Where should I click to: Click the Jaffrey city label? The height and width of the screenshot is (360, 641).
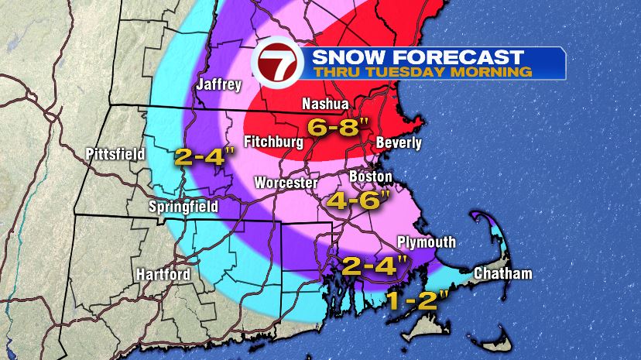219,84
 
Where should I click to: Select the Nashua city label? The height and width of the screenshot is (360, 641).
324,103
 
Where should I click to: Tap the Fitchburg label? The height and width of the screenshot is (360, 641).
272,142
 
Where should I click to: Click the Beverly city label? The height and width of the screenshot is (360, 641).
398,143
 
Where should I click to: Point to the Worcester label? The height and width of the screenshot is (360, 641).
286,183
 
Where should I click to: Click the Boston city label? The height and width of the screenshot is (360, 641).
371,177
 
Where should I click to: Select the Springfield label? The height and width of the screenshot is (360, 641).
183,207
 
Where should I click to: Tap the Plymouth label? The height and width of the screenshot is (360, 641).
427,242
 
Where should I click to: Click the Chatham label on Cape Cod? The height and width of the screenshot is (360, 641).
502,274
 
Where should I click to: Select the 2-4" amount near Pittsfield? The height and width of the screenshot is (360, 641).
204,157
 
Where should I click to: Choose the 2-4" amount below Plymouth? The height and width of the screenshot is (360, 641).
375,266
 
